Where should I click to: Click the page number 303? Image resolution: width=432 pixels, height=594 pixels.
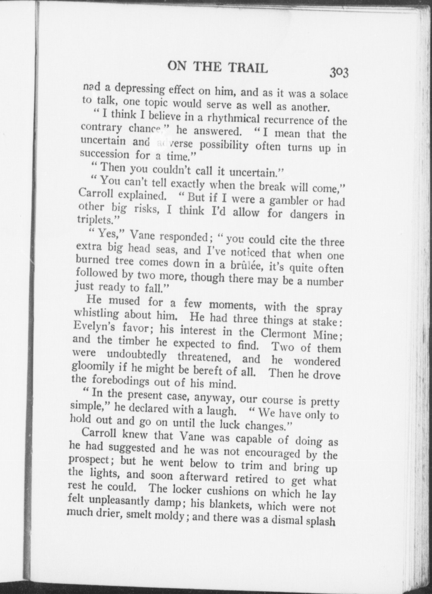click(x=339, y=72)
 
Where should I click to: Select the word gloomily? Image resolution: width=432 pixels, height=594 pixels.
click(x=89, y=367)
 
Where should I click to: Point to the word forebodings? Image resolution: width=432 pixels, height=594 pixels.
click(x=120, y=380)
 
